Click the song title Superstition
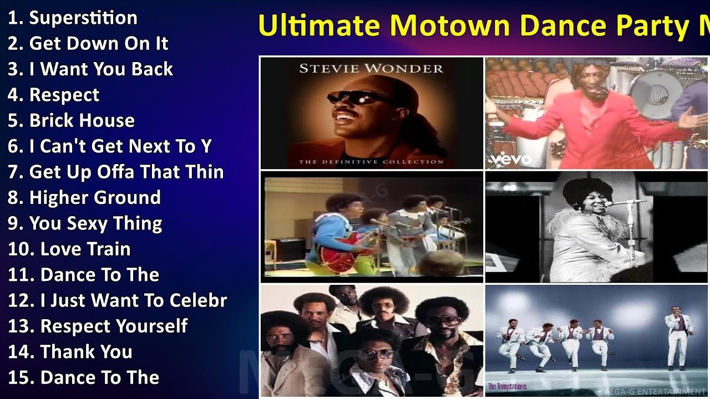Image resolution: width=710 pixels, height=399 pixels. (83, 18)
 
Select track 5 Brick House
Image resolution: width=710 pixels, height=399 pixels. (82, 120)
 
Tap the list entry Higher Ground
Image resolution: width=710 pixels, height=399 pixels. (95, 197)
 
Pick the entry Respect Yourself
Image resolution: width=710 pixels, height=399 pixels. (114, 326)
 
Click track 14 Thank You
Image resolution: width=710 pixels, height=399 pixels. (86, 351)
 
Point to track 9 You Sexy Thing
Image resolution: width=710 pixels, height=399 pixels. (95, 223)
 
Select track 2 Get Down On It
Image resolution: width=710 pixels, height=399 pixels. (98, 43)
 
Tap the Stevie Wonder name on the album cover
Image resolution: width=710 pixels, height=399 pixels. (371, 69)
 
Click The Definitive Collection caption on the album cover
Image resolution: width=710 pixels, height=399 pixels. (371, 162)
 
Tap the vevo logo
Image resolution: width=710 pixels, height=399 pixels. (510, 160)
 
